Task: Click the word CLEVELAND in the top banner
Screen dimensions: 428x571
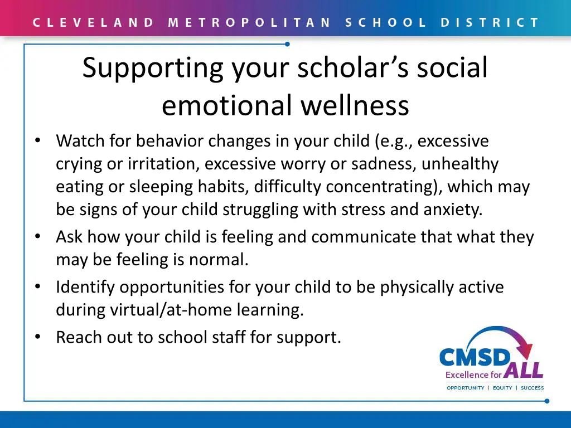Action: [x=93, y=23]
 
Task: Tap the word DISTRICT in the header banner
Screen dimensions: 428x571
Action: [x=490, y=23]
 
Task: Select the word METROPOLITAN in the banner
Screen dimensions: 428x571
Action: [x=249, y=23]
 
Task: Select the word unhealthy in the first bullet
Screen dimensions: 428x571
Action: [x=460, y=164]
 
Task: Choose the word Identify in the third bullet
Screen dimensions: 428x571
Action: [x=85, y=287]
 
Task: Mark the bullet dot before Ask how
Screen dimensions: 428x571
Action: [x=37, y=236]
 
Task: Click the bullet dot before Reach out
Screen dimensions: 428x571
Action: [x=37, y=337]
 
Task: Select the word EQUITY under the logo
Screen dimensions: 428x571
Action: [x=502, y=388]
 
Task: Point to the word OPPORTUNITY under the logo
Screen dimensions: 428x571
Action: [x=466, y=388]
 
